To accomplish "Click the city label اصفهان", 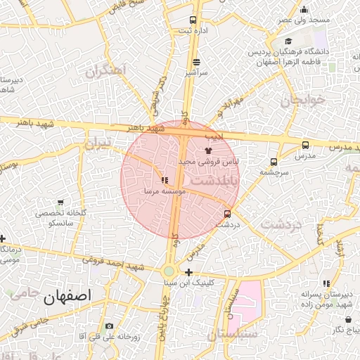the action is (x=67, y=297).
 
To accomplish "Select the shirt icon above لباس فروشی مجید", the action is (x=208, y=150).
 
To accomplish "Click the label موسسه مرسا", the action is (x=164, y=191).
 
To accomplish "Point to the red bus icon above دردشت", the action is (x=227, y=214).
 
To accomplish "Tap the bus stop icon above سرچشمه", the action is (x=274, y=162).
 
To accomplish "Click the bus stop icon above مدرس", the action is (x=304, y=145).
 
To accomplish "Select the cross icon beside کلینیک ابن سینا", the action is (x=189, y=272).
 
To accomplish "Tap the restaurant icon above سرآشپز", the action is (x=196, y=62).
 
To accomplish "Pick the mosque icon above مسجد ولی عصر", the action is (x=304, y=10).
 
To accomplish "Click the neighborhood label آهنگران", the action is (x=105, y=71).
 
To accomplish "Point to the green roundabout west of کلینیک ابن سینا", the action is (x=169, y=272).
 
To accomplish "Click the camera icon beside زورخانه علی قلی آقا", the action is (x=109, y=326).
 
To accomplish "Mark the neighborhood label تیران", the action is (x=98, y=143).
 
